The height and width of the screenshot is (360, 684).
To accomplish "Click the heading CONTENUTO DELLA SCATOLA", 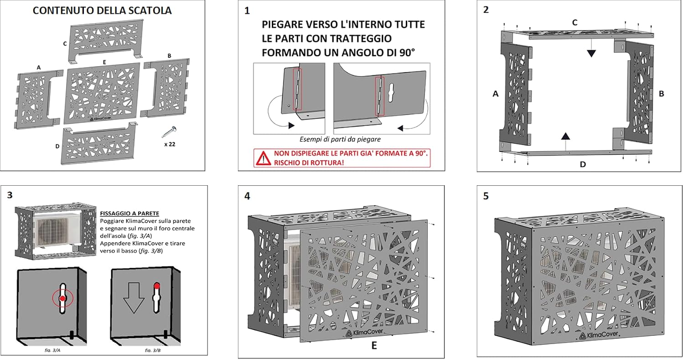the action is pos(102,10).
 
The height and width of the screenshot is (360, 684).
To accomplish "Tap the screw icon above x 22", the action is pos(169,132).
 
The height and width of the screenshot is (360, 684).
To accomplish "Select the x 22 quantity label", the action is pos(170,144).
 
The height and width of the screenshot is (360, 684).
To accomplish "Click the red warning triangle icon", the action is pos(263,158).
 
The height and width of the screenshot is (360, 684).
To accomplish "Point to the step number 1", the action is pos(247,10).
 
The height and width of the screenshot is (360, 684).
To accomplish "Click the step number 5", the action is pos(486,196).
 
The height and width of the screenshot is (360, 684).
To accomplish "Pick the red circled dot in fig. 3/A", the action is pos(62,298).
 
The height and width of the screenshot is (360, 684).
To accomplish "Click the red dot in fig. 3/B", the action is pos(157,286).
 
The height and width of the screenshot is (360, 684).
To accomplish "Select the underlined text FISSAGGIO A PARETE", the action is pos(130,214).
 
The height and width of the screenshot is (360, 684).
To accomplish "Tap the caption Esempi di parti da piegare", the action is pos(340,139).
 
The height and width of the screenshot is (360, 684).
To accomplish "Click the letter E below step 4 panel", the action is pos(374,345).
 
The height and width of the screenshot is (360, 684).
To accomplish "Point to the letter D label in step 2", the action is pos(583,164).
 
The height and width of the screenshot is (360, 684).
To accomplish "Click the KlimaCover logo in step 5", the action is pos(598,335).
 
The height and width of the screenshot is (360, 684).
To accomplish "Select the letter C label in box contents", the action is pos(65,44).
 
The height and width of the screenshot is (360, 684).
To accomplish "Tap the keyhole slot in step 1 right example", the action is pos(391,92).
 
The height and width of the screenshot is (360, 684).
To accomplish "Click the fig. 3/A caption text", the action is pos(52,350).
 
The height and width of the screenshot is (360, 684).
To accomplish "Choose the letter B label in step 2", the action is pos(661,94).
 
